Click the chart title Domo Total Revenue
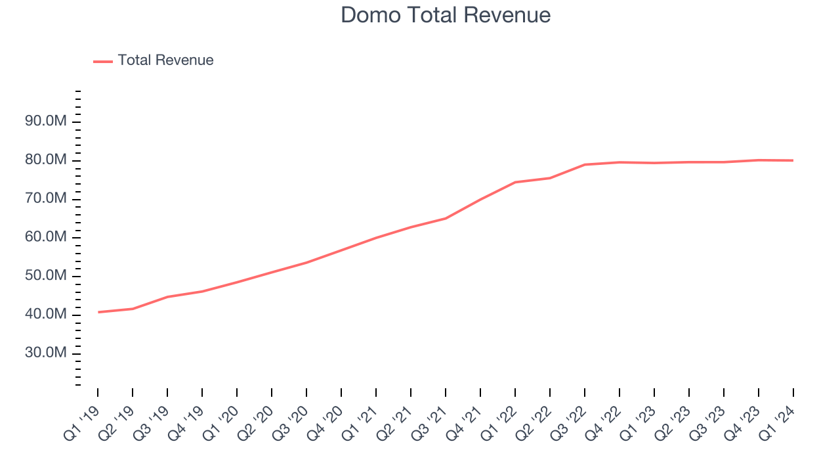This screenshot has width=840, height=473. [446, 15]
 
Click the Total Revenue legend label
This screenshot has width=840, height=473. [165, 60]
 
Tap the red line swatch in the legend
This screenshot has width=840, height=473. [103, 61]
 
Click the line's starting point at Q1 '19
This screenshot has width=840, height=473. [98, 312]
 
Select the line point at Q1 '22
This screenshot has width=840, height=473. [515, 182]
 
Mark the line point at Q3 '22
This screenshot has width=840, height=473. [585, 164]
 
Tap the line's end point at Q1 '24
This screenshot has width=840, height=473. [793, 160]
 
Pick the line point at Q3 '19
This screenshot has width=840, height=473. [167, 297]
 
